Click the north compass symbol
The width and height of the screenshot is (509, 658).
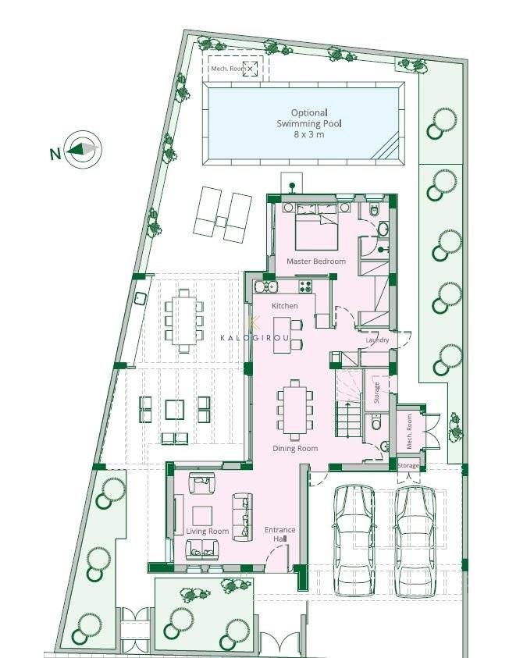click(x=84, y=149)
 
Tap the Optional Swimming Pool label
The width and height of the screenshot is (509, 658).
click(x=309, y=118)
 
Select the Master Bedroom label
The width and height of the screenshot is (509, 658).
click(x=316, y=261)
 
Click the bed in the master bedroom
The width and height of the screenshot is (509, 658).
click(x=316, y=226)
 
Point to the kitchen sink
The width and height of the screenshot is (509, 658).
click(x=266, y=286)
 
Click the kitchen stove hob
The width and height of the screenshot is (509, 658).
click(x=305, y=286)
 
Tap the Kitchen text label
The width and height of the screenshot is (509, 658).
click(x=284, y=306)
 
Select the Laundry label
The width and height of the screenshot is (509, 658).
click(x=377, y=340)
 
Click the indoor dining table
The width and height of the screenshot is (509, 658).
click(x=295, y=410)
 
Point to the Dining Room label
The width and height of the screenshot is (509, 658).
click(x=295, y=448)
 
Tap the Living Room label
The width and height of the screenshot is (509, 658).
click(x=208, y=532)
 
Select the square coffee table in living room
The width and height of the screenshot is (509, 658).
click(x=202, y=516)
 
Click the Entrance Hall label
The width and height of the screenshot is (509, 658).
click(x=280, y=534)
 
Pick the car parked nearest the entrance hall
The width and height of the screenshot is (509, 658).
click(x=354, y=540)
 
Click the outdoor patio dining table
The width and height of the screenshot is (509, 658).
click(x=183, y=321)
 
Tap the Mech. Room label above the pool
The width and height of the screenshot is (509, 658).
click(x=229, y=69)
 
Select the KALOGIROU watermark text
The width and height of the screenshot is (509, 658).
click(x=255, y=338)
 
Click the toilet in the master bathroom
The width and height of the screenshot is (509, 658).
click(x=374, y=209)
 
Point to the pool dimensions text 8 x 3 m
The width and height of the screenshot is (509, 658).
click(x=309, y=135)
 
